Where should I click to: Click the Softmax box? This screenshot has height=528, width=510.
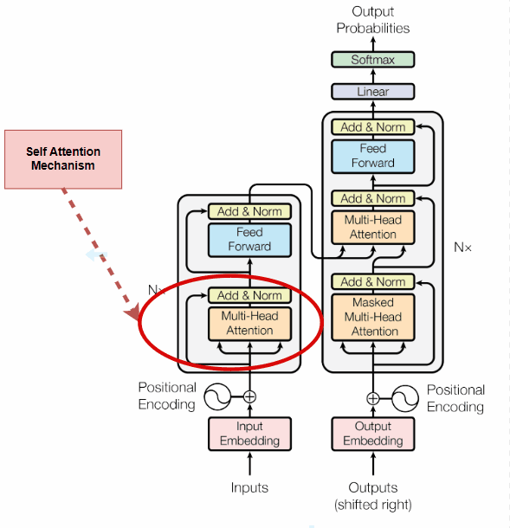pos(373,60)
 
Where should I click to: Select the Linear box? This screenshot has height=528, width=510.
pos(373,91)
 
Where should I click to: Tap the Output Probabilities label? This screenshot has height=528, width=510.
pos(373,19)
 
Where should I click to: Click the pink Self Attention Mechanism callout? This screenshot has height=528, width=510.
pos(63,158)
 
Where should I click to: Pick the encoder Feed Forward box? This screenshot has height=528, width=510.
pos(249,240)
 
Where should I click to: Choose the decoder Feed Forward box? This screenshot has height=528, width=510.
pos(373,156)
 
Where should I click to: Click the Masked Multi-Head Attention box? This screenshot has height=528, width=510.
pos(373,317)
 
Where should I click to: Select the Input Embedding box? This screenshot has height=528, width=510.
pos(249,434)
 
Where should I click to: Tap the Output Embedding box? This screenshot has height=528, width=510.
pos(373,434)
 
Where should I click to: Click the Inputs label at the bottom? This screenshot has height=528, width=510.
pos(249,488)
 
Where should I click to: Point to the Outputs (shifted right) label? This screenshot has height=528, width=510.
pos(373,496)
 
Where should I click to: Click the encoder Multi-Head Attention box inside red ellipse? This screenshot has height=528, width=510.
pos(249,323)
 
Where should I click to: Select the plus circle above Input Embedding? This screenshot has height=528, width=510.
pos(249,397)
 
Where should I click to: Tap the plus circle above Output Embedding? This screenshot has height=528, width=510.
pos(373,398)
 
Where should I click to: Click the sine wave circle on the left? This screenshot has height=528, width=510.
pos(217,397)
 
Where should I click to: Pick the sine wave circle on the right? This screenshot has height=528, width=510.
pos(405,398)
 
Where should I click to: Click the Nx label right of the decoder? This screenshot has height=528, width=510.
pos(463,247)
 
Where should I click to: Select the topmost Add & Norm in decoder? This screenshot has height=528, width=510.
pos(373,127)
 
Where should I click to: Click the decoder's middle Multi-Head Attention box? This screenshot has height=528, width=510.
pos(373,227)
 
